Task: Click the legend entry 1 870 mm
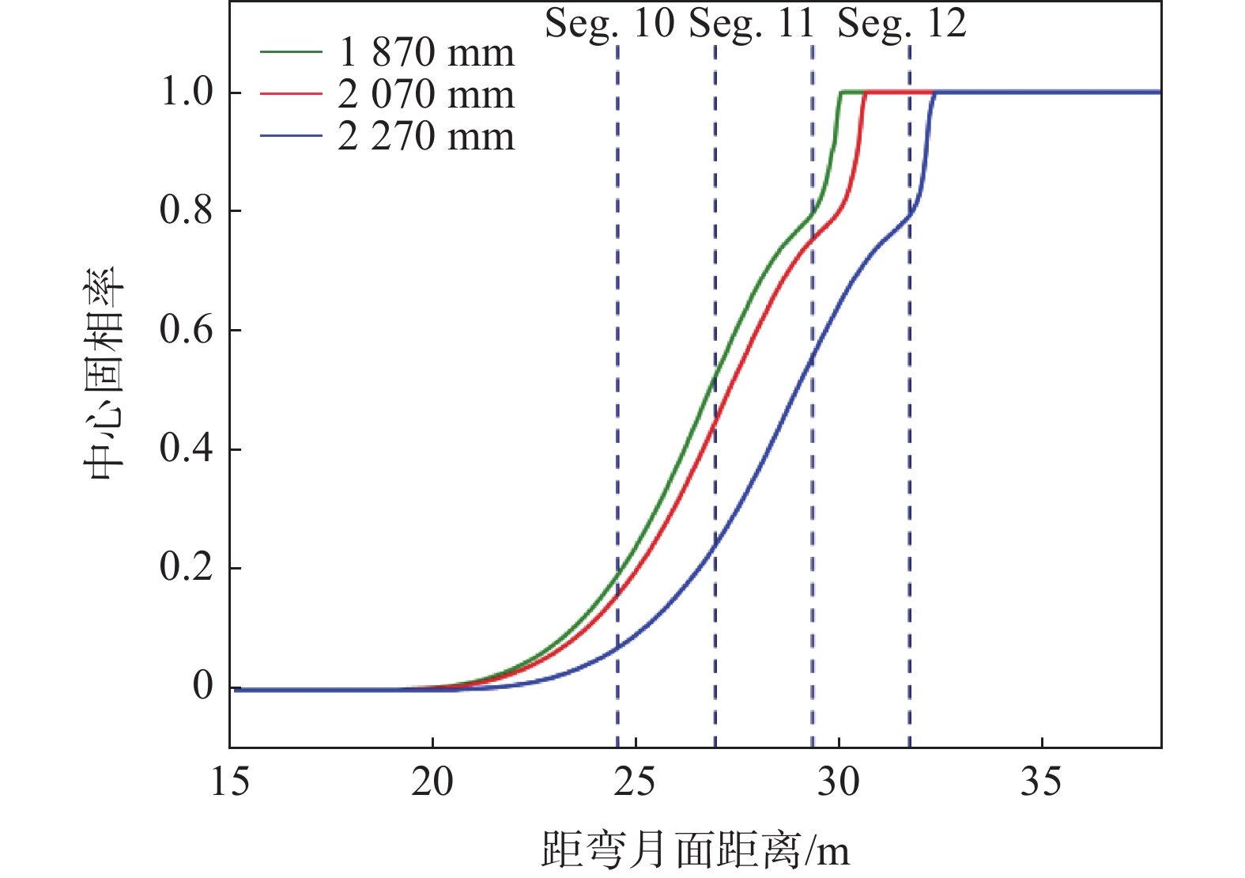(x=426, y=53)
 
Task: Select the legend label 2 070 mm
(x=426, y=95)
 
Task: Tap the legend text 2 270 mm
(x=426, y=137)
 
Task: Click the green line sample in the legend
(x=291, y=52)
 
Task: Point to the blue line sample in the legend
(x=291, y=136)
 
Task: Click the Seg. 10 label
(x=609, y=24)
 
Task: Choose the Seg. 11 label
(x=751, y=24)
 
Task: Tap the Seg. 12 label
(x=902, y=24)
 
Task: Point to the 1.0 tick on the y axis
(x=187, y=93)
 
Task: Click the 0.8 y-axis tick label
(x=187, y=210)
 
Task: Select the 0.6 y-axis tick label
(x=187, y=330)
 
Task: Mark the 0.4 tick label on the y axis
(x=187, y=448)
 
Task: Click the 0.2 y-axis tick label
(x=187, y=567)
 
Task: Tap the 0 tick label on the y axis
(x=203, y=686)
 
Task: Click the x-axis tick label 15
(x=230, y=782)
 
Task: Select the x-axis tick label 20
(x=432, y=782)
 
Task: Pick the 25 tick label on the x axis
(x=636, y=782)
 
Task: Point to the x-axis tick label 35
(x=1041, y=782)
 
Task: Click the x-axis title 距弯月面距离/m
(x=696, y=851)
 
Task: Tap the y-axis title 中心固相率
(x=104, y=373)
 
